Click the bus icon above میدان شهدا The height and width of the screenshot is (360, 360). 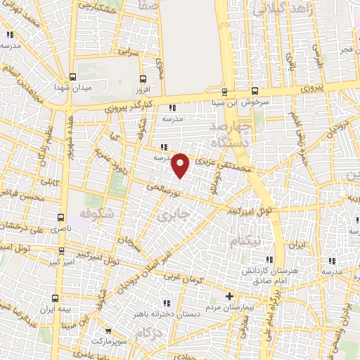(72, 77)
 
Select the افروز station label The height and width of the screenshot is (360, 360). (143, 89)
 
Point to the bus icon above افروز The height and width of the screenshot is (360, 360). (144, 79)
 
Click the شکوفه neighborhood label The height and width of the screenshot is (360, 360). (96, 212)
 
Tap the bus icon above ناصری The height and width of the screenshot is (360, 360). (62, 217)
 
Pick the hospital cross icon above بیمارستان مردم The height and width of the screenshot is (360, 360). (229, 297)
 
